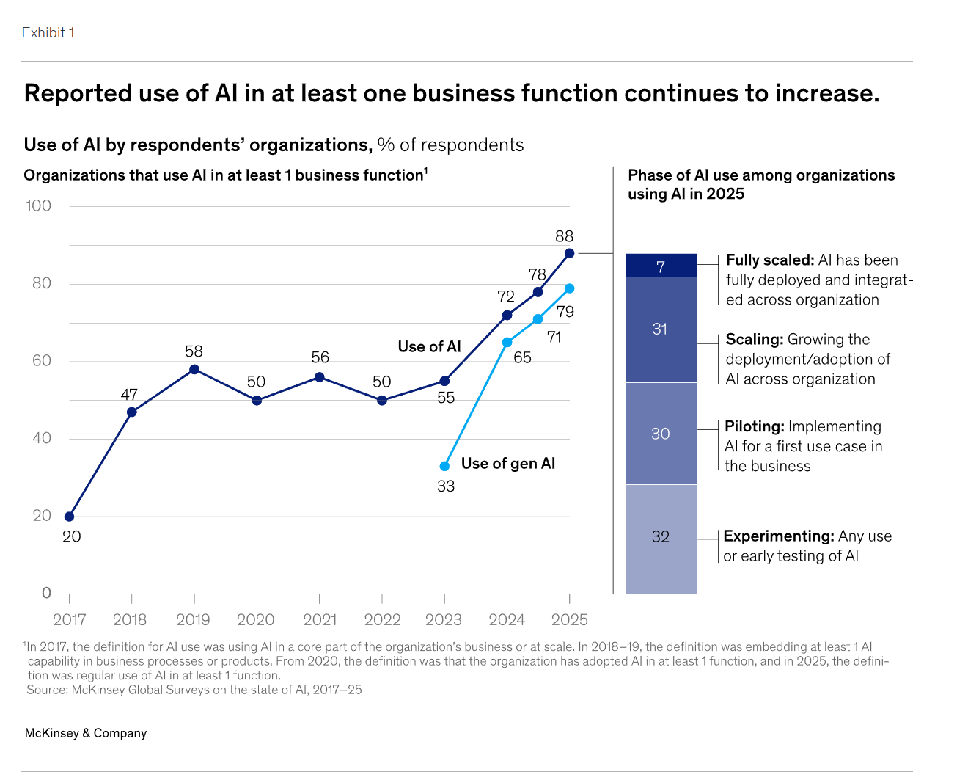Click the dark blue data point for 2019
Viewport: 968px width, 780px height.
tap(194, 369)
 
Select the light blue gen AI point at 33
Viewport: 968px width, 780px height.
tap(444, 466)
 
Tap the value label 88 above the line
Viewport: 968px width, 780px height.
tap(564, 236)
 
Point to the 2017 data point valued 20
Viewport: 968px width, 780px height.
tap(70, 517)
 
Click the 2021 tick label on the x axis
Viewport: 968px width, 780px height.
tap(320, 620)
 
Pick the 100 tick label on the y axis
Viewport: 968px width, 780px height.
tap(38, 206)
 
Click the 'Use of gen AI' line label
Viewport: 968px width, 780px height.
tap(507, 464)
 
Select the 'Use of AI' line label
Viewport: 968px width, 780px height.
tap(429, 347)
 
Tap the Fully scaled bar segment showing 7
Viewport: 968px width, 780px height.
tap(661, 266)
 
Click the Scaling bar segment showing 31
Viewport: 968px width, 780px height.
tap(661, 329)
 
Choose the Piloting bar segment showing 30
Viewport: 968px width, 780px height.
tap(661, 434)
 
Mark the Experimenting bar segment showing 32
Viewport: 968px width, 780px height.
tap(661, 538)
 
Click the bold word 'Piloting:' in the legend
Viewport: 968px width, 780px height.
tap(755, 427)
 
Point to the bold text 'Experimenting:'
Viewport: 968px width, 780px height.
tap(778, 536)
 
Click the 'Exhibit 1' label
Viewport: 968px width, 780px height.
tap(48, 33)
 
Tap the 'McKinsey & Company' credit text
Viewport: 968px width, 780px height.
tap(86, 733)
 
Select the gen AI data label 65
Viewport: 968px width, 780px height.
tap(522, 358)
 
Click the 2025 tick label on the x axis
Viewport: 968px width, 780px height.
tap(570, 620)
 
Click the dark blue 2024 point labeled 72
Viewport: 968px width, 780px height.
tap(507, 316)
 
